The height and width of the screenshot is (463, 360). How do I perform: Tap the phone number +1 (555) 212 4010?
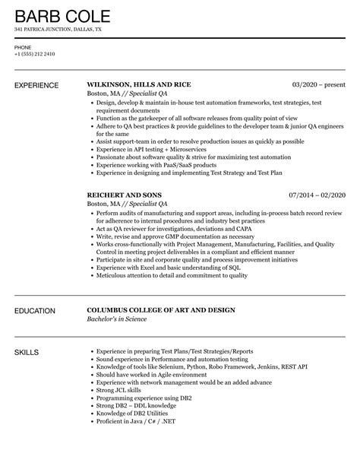(36, 55)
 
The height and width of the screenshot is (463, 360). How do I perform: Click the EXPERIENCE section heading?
(40, 84)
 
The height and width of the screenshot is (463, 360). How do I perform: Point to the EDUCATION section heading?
(39, 310)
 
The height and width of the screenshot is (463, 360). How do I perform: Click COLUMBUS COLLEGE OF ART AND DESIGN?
(162, 310)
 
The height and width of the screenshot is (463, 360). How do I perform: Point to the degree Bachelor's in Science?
(123, 320)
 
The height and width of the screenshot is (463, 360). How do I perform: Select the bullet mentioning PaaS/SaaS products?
(151, 165)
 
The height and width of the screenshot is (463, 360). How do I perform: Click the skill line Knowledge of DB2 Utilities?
(128, 414)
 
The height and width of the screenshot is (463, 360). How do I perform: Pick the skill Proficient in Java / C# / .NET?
(134, 423)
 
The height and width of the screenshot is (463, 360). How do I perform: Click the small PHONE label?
(23, 47)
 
